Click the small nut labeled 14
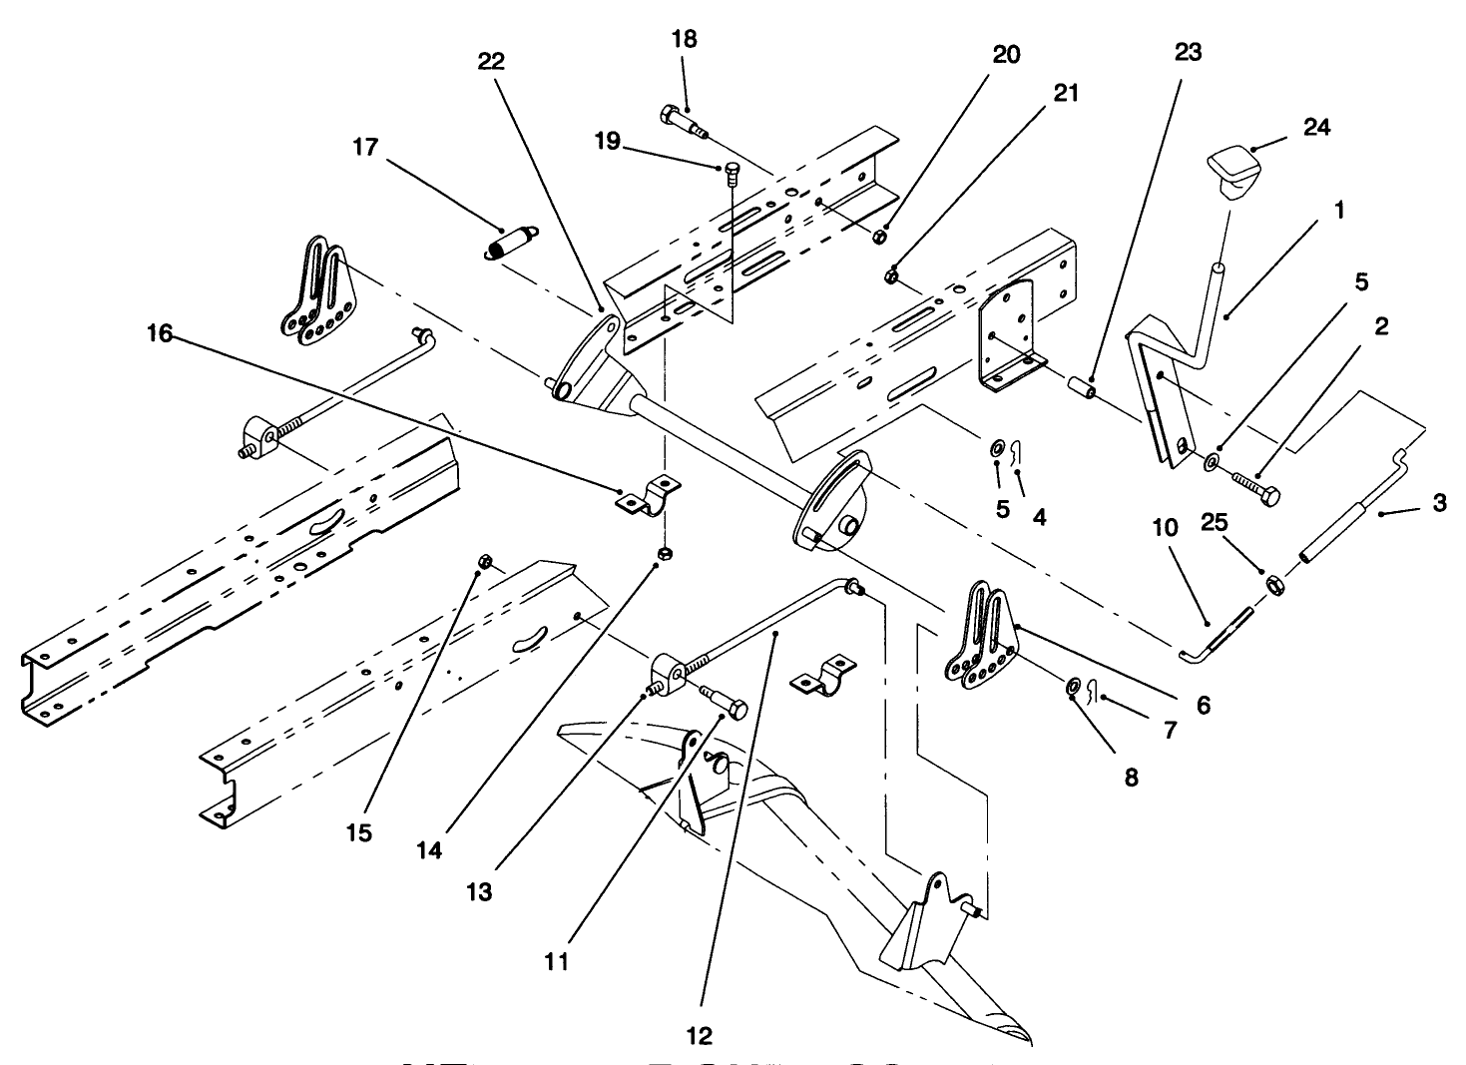tap(664, 554)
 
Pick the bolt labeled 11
tap(725, 705)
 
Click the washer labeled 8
tap(1071, 686)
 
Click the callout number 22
tap(491, 62)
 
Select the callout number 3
tap(1438, 503)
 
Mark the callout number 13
tap(479, 891)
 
